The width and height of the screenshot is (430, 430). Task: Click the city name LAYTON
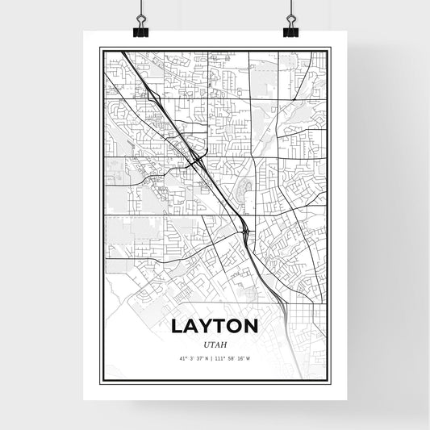(x=215, y=326)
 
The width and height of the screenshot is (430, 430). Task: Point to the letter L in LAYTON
(x=177, y=326)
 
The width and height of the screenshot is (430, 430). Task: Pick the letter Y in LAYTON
(x=207, y=326)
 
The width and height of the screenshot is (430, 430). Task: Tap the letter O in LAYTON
(x=236, y=326)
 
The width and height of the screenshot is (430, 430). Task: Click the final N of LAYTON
(x=253, y=326)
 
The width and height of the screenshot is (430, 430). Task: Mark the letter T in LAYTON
(x=222, y=326)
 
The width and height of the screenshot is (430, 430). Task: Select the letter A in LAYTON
(x=192, y=326)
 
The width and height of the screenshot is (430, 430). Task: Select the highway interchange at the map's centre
(x=196, y=159)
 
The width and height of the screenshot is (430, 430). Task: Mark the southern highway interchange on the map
(x=245, y=232)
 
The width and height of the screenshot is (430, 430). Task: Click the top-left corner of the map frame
(x=100, y=48)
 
